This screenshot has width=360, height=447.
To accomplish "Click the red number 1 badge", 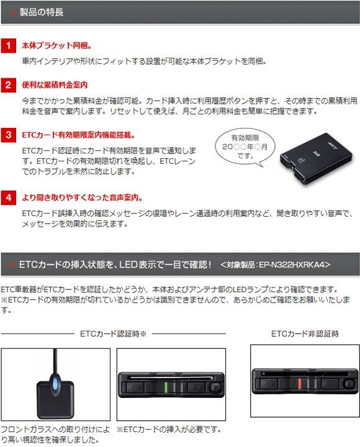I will click(x=8, y=46).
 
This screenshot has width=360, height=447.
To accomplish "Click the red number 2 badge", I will click(x=8, y=84).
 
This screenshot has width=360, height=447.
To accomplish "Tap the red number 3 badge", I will click(x=8, y=135).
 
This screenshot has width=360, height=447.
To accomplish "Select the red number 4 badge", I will click(x=8, y=198).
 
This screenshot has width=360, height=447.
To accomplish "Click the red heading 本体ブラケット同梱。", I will click(x=56, y=46).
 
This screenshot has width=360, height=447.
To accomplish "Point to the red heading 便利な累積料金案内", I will click(x=55, y=84).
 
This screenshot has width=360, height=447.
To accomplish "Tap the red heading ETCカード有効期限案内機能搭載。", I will click(x=78, y=135).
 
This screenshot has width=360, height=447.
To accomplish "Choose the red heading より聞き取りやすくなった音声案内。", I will click(x=82, y=198).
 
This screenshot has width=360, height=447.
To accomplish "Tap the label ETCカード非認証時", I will click(x=305, y=334).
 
